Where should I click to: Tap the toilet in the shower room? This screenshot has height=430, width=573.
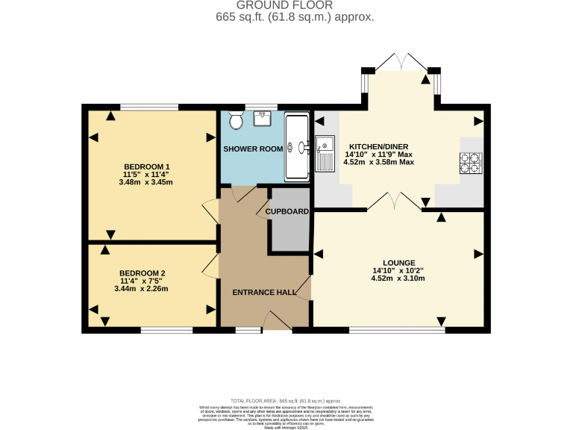pos(236,120)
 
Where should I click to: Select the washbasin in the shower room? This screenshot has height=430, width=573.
pos(263,118)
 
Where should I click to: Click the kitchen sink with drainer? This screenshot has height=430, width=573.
pos(324,153)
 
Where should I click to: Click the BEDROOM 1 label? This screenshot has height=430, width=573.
pos(147,166)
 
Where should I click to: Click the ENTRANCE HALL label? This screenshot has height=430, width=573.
pos(264,292)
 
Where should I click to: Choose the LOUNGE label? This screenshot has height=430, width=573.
pos(398,263)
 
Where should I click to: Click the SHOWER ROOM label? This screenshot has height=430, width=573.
pos(253,149)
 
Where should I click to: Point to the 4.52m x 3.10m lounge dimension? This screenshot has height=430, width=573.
pos(398,278)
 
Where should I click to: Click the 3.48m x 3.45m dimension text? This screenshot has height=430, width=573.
pos(147,181)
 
